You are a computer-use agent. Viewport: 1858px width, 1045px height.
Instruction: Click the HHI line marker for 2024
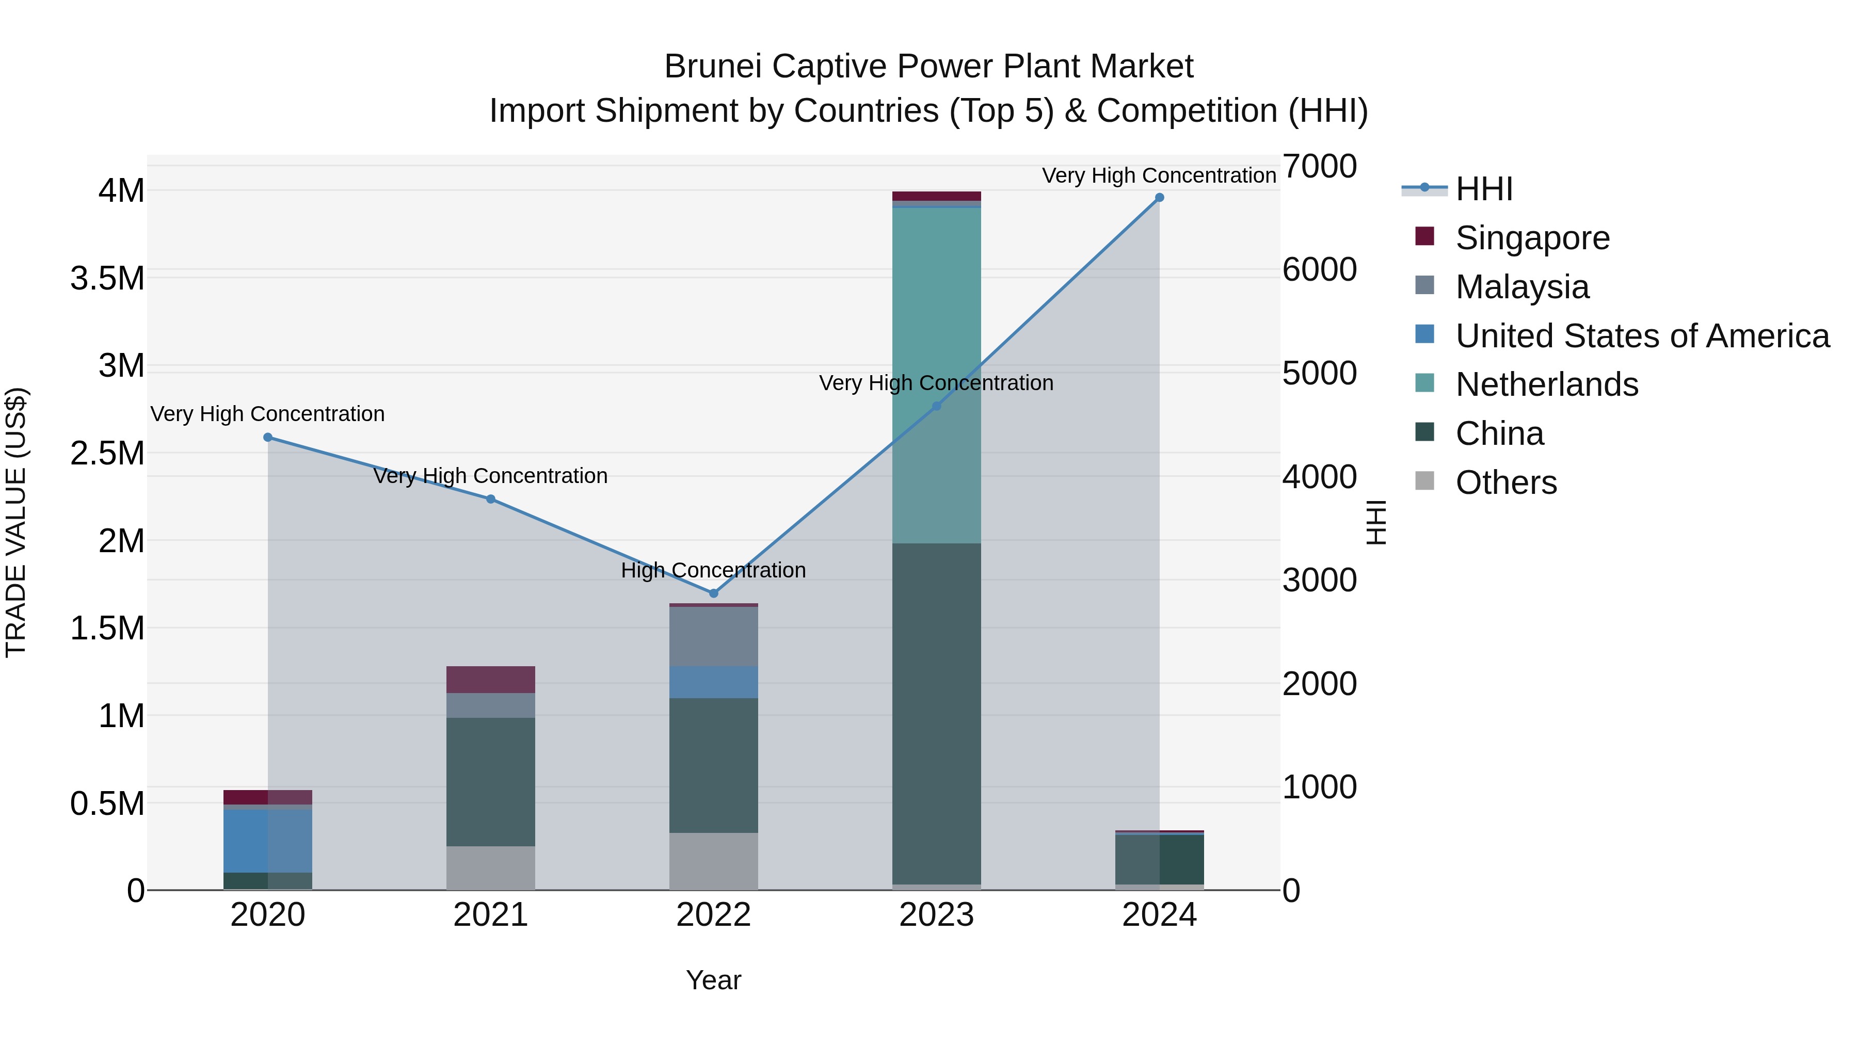click(1159, 198)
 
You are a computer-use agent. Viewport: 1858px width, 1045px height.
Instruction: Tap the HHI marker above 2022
click(713, 593)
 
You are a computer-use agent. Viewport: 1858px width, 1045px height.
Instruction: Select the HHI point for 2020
click(267, 437)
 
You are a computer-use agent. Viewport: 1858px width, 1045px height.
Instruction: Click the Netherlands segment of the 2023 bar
click(936, 375)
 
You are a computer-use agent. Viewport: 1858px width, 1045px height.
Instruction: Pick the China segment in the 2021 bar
click(490, 781)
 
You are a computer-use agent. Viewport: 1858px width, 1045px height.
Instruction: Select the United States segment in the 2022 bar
click(713, 682)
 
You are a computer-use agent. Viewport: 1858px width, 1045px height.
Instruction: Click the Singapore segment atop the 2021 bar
click(490, 679)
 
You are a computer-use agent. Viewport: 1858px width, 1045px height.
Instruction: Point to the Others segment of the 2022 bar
click(713, 861)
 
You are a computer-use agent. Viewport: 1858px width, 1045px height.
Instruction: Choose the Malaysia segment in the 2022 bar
click(713, 636)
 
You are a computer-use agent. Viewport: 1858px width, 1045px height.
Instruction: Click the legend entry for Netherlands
click(1546, 384)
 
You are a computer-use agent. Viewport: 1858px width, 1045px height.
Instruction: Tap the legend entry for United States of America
click(1642, 336)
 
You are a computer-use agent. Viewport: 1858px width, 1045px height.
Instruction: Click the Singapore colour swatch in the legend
click(1424, 236)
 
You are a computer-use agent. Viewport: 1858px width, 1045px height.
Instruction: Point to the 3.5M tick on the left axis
click(107, 278)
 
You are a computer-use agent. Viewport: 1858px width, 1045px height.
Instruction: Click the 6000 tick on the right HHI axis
click(1319, 270)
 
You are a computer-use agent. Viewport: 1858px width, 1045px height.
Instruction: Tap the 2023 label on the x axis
click(936, 915)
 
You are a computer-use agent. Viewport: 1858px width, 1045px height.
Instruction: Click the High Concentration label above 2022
click(713, 570)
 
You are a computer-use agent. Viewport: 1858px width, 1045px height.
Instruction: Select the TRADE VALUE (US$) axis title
click(17, 522)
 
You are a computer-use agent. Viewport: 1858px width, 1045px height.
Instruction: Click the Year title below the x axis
click(713, 980)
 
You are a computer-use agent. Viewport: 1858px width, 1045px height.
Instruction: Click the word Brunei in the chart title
click(713, 67)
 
